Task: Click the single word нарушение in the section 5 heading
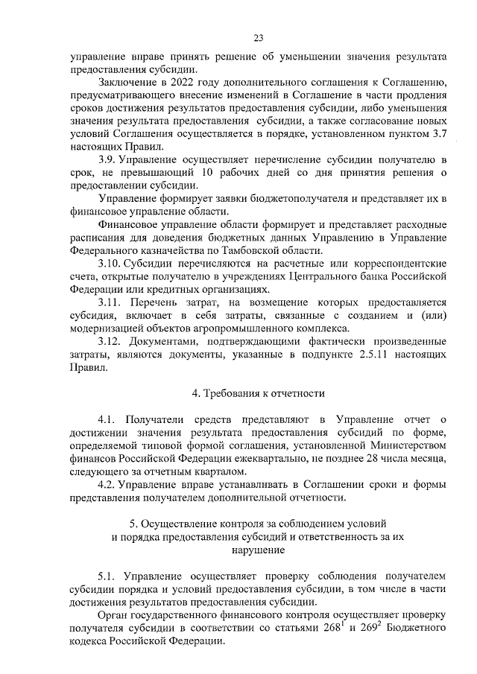click(x=258, y=550)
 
